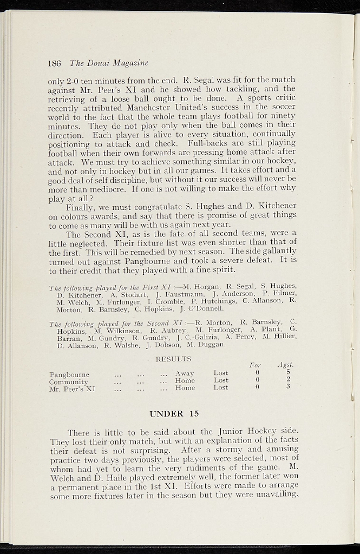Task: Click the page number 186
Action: (54, 63)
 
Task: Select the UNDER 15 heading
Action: (174, 414)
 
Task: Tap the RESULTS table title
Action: (173, 359)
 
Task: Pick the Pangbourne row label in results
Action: (69, 374)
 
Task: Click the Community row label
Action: (69, 381)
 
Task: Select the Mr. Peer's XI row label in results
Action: (72, 388)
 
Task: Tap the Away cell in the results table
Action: (185, 373)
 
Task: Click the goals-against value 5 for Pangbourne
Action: (288, 372)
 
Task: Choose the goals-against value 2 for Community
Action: (288, 380)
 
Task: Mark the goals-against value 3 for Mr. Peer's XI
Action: (288, 387)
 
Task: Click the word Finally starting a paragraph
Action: (80, 207)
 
